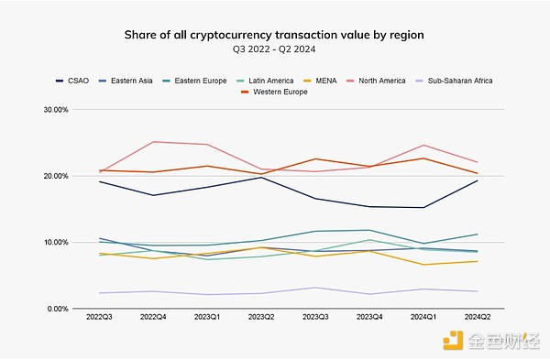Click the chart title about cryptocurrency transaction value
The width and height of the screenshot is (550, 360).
click(275, 36)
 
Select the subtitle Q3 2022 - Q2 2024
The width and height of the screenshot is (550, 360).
click(275, 50)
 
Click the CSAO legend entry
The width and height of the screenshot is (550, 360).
click(76, 81)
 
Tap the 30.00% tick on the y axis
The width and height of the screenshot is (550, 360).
click(56, 110)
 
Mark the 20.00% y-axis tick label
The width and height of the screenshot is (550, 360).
click(56, 176)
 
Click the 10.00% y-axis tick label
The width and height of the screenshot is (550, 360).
click(56, 243)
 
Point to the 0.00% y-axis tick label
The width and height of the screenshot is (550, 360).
click(58, 309)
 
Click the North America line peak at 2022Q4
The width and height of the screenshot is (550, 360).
click(153, 142)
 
